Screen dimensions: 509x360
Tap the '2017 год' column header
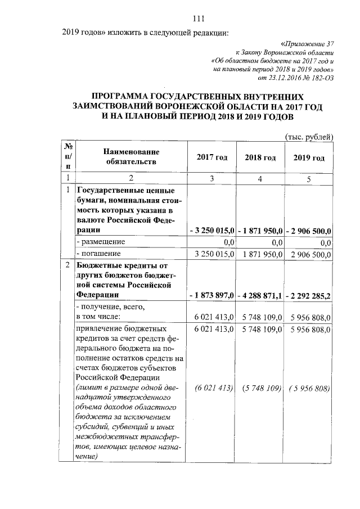211,157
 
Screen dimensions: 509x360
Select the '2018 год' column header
260,157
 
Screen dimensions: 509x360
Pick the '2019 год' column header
309,157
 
